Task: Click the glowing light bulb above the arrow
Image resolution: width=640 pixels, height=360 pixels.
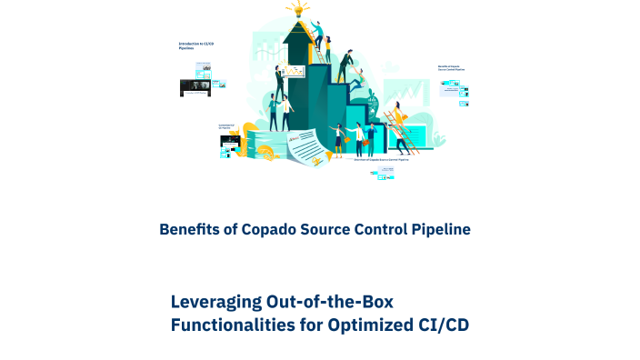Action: point(297,10)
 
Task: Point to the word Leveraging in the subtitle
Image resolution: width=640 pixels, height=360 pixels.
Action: point(215,302)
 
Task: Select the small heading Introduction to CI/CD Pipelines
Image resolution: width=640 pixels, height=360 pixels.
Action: point(196,45)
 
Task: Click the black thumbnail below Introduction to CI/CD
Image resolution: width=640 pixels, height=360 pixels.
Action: point(194,88)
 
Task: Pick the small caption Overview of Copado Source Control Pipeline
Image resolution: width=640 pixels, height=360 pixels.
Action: point(380,160)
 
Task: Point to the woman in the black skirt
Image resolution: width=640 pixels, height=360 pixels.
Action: point(340,138)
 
